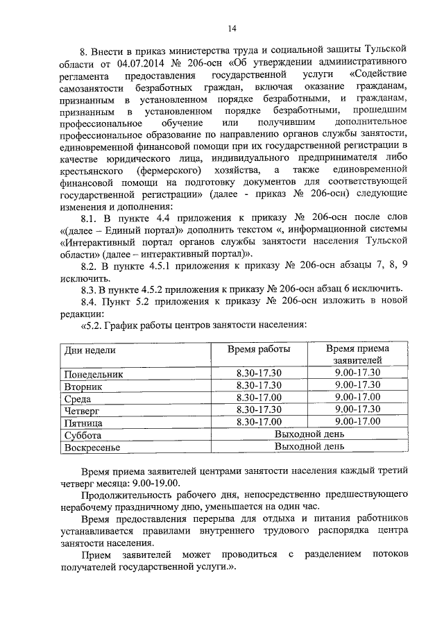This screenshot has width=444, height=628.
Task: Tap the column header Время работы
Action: [x=259, y=348]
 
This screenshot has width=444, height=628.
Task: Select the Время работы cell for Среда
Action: [x=259, y=398]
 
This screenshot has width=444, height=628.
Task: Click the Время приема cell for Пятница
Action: [x=357, y=421]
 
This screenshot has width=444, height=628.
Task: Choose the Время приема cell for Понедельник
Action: [x=357, y=373]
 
